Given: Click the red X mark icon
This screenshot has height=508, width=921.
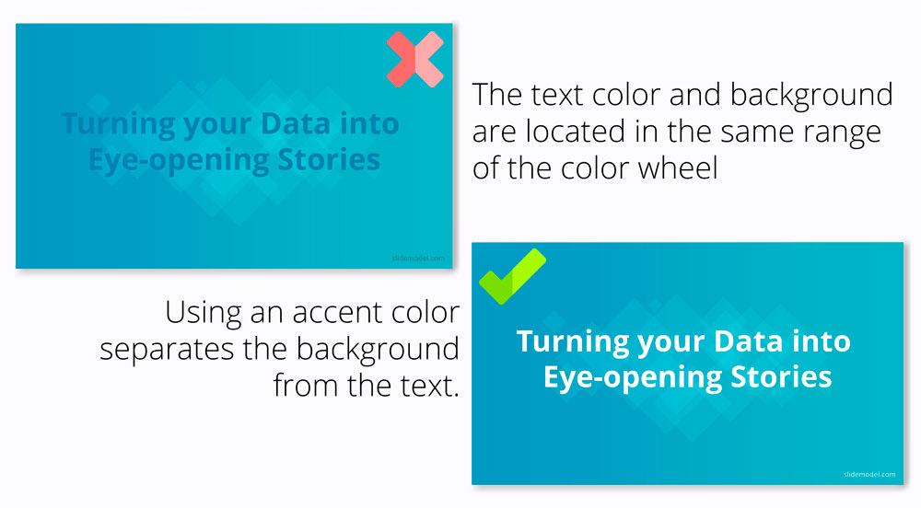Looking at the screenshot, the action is click(x=415, y=59).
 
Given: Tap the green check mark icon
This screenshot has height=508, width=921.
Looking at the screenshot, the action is click(x=512, y=276).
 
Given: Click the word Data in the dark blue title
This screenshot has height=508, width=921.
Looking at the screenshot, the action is click(x=296, y=123).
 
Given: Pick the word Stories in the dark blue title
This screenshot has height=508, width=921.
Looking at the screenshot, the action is click(x=329, y=159).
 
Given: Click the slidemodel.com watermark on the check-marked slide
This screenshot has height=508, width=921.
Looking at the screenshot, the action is click(x=869, y=475).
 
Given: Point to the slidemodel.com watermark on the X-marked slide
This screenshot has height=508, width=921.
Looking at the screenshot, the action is click(x=418, y=258).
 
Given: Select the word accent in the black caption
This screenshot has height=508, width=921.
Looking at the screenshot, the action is click(x=329, y=313).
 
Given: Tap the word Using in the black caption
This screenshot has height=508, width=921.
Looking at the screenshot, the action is click(x=204, y=314).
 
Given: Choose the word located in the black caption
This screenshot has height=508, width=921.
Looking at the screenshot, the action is click(x=575, y=131).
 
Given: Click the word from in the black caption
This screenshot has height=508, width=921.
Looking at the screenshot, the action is click(x=306, y=386).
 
